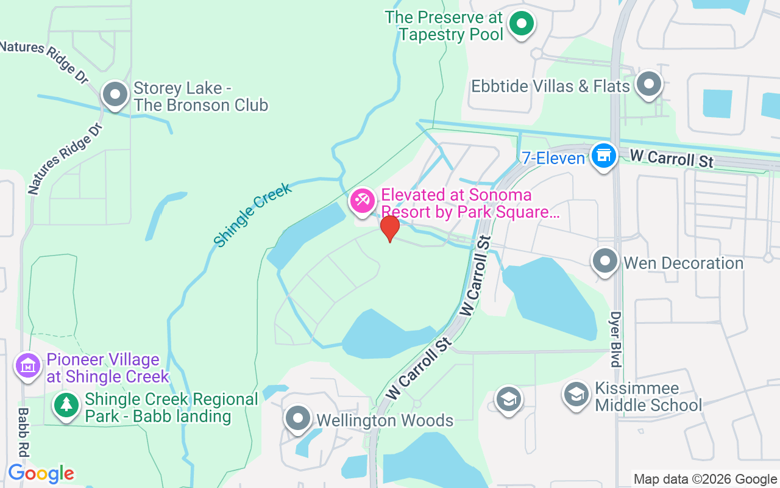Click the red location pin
pos(389,229)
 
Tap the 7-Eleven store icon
pos(603,155)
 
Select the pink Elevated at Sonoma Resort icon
pos(363,201)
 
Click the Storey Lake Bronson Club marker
pos(115,95)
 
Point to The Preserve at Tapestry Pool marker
pos(521,24)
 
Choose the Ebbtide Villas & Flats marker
pos(649,84)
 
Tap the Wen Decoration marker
pos(605,261)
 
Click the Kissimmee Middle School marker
pos(576,393)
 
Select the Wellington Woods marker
pos(298,418)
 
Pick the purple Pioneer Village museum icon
pos(27,366)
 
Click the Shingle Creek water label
pos(253,215)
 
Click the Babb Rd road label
pos(23,432)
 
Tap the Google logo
pos(41,473)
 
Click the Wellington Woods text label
pos(385,420)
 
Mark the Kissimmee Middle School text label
pos(648,396)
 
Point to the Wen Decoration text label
pos(684,263)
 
